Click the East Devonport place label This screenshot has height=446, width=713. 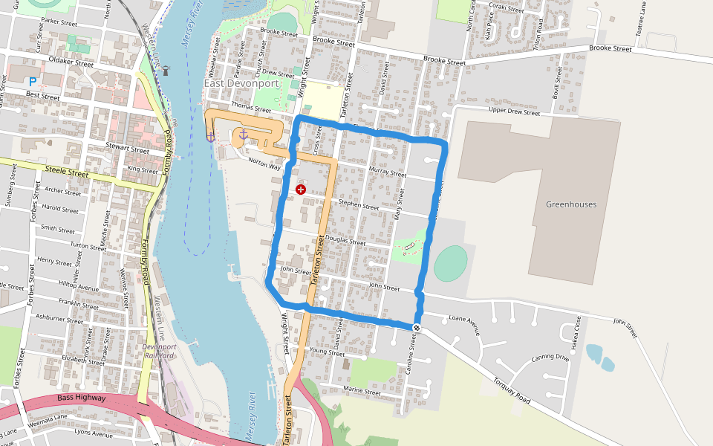click(x=241, y=84)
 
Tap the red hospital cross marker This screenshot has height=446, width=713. click(x=301, y=190)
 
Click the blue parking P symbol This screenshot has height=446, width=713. click(x=32, y=80)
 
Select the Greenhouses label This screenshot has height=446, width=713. click(x=571, y=204)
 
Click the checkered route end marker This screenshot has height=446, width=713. click(x=417, y=327)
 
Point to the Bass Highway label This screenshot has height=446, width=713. click(x=81, y=398)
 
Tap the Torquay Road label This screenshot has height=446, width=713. click(x=512, y=391)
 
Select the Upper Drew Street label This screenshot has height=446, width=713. click(x=514, y=112)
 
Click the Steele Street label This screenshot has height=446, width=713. click(x=67, y=173)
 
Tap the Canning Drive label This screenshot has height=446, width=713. click(x=550, y=359)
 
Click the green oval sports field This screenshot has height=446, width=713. click(x=451, y=263)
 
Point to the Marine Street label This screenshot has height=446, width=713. click(x=362, y=392)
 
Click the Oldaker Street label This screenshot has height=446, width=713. click(x=70, y=63)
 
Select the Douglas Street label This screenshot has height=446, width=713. click(x=346, y=242)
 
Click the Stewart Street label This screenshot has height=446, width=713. click(x=127, y=148)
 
